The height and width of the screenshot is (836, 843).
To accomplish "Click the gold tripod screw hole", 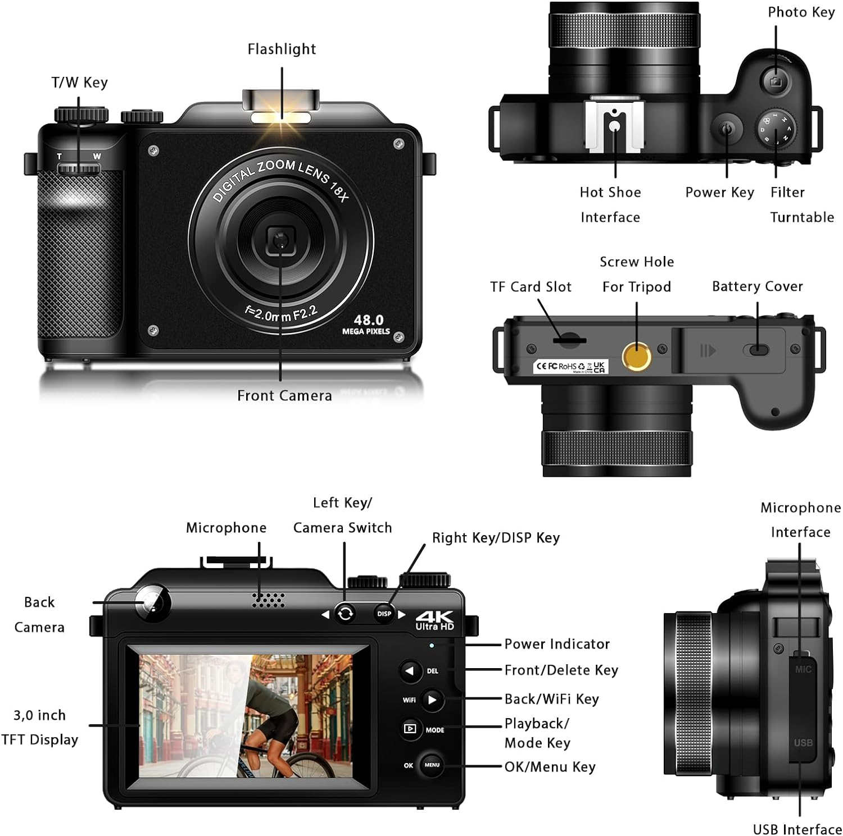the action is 637,356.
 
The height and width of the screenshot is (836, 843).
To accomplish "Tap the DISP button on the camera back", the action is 384,614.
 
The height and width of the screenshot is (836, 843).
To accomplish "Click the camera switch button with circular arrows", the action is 345,613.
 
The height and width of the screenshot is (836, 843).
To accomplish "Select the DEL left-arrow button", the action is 411,671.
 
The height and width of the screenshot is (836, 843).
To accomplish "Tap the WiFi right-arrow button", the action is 432,700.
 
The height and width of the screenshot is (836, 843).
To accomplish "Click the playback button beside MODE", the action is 410,729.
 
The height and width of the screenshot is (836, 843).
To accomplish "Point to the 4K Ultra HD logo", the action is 434,619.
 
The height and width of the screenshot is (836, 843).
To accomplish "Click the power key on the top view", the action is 727,129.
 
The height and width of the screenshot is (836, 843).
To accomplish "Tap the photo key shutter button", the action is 776,81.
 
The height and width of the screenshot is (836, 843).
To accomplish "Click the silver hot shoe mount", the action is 614,126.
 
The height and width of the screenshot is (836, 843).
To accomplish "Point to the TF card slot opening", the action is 569,340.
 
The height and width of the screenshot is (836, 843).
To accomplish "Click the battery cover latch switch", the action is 758,350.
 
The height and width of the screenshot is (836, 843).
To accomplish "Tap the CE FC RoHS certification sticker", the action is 570,367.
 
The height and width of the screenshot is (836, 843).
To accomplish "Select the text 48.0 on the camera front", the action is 369,319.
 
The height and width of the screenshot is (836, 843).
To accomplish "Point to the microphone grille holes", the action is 268,600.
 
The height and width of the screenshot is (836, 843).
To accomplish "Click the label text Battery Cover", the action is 757,286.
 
